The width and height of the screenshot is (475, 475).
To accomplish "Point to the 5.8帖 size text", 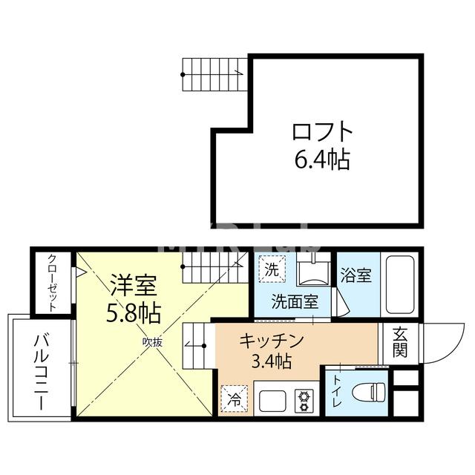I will click(133, 312).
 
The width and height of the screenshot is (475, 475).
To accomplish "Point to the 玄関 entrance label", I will click(400, 342).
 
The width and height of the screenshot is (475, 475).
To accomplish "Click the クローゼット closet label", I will click(53, 283).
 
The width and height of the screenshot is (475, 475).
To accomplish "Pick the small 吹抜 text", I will click(152, 341).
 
